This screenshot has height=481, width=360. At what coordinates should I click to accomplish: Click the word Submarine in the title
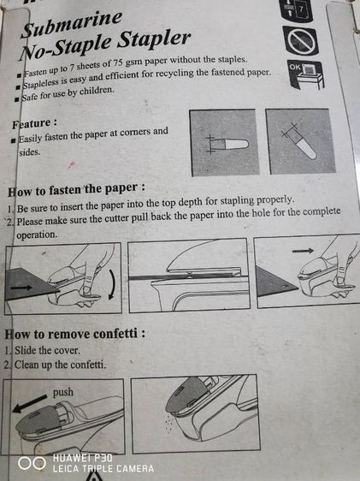tap(72, 24)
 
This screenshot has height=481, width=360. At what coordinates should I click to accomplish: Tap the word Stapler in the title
tap(154, 39)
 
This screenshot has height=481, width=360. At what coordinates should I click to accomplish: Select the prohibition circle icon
tap(300, 40)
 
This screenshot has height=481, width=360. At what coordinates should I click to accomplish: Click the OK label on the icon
tap(295, 67)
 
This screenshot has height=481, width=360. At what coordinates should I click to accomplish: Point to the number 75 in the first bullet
tap(119, 62)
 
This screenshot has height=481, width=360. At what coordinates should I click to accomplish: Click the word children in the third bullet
tap(97, 91)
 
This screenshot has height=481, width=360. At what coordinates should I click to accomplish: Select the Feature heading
tap(34, 123)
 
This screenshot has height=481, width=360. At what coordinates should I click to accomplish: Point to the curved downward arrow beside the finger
tap(112, 284)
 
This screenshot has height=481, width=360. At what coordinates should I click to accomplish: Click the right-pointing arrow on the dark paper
tap(21, 288)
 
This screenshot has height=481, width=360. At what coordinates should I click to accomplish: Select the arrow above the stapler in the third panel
tap(303, 251)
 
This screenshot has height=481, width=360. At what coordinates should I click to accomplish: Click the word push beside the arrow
tap(63, 392)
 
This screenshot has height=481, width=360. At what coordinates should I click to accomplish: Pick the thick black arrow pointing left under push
tap(30, 404)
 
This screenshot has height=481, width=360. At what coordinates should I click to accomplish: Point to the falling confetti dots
tap(168, 424)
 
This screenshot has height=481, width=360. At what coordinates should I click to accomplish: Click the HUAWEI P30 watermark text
tap(83, 458)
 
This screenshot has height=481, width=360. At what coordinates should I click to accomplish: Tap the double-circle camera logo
tap(32, 464)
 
